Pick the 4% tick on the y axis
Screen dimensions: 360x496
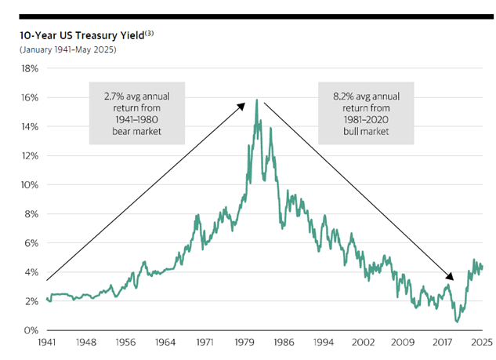point(28,272)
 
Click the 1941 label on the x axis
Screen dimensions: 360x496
point(47,343)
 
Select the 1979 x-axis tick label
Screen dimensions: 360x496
point(244,343)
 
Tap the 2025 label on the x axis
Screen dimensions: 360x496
point(480,343)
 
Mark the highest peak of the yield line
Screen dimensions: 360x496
point(256,100)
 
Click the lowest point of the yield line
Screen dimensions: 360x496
point(457,322)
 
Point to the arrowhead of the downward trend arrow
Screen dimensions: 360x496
point(451,278)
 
